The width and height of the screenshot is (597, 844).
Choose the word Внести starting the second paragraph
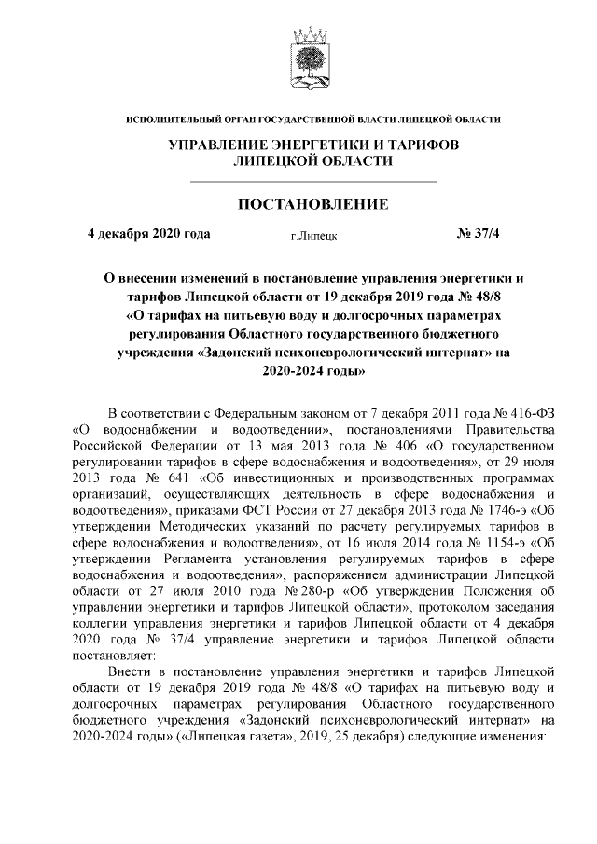tap(130, 671)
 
